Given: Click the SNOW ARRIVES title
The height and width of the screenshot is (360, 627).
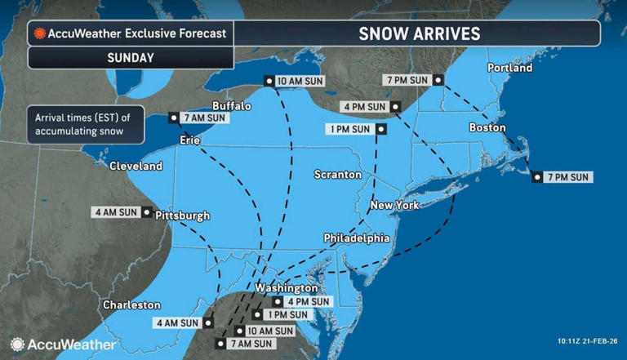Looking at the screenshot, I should tap(420, 33).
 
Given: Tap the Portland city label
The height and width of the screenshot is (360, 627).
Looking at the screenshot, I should tap(509, 68).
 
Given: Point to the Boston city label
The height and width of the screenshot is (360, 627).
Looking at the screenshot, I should tap(487, 128).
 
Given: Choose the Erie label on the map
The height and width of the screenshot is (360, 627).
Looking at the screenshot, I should tap(191, 141).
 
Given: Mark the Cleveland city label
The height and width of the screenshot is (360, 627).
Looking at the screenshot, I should tap(136, 167).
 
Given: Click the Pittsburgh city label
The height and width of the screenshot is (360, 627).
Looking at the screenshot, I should tap(184, 216).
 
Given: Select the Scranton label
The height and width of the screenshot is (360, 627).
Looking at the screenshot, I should tap(338, 175).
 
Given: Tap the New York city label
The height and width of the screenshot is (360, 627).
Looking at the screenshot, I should tap(394, 205).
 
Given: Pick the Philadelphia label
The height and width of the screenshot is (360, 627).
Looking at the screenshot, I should tap(356, 238).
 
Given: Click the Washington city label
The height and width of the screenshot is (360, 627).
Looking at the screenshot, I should tap(286, 288).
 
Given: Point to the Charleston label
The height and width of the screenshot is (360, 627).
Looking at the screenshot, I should tap(131, 304).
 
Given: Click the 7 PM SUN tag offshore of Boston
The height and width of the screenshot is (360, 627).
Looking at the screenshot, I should tap(567, 177).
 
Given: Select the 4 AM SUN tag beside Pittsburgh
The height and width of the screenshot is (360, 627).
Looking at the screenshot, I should tap(118, 213).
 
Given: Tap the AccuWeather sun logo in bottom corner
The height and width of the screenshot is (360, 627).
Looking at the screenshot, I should tap(17, 344).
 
